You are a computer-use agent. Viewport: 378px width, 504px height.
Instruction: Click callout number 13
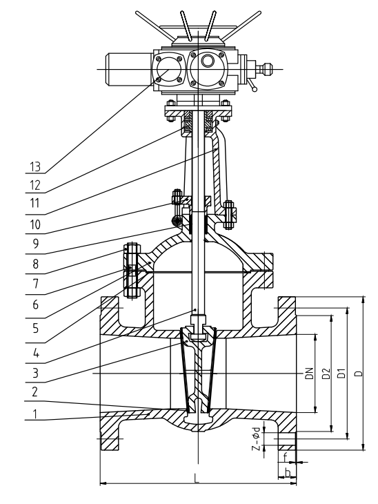pyautogui.click(x=35, y=167)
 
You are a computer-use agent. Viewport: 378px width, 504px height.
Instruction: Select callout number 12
pyautogui.click(x=35, y=186)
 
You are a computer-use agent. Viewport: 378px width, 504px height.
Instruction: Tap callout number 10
pyautogui.click(x=35, y=224)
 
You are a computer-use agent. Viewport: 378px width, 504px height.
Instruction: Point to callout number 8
pyautogui.click(x=35, y=264)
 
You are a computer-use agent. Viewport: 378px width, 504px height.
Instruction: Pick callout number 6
pyautogui.click(x=35, y=304)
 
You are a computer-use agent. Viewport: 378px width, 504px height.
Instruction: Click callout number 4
pyautogui.click(x=36, y=353)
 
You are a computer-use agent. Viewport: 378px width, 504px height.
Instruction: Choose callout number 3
pyautogui.click(x=35, y=373)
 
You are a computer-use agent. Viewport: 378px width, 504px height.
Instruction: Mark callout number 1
pyautogui.click(x=35, y=414)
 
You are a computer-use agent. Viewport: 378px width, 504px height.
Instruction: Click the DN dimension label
pyautogui.click(x=309, y=374)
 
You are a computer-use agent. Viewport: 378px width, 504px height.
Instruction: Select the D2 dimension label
pyautogui.click(x=326, y=374)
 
